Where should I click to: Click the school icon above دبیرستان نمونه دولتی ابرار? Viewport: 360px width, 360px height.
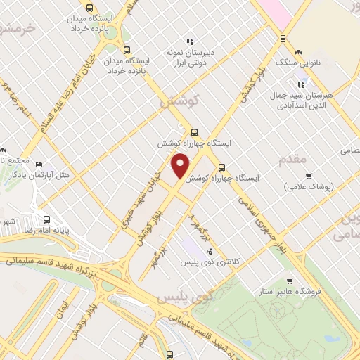pyautogui.click(x=188, y=41)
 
